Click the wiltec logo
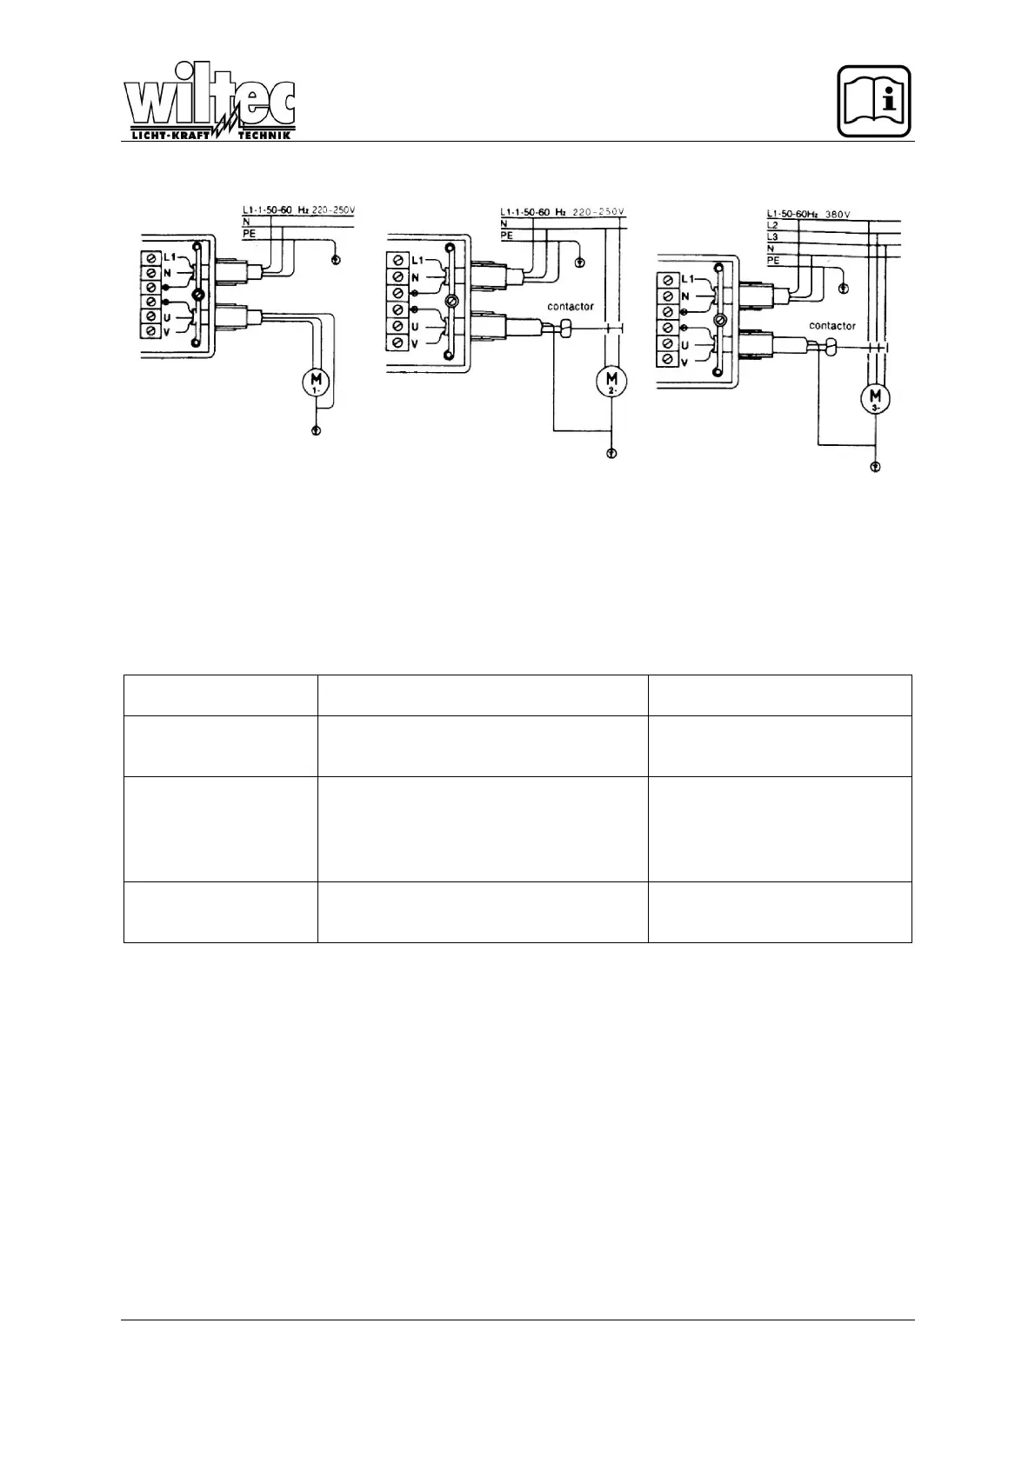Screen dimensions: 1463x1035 click(210, 103)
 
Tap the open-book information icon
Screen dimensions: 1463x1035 click(874, 101)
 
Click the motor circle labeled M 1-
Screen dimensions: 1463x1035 click(316, 382)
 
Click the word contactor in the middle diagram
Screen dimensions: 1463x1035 click(570, 307)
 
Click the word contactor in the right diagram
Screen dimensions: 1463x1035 click(831, 326)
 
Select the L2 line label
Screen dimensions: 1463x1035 click(772, 224)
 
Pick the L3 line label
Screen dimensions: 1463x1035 click(772, 236)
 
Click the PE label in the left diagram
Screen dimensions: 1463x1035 click(249, 233)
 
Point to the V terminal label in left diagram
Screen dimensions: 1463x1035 click(166, 332)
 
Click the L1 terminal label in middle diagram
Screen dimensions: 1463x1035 click(417, 261)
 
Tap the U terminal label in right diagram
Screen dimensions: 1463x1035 click(686, 345)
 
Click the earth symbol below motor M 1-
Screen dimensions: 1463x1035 click(316, 430)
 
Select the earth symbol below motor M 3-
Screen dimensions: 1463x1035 click(875, 467)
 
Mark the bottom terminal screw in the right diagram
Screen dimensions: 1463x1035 click(667, 360)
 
